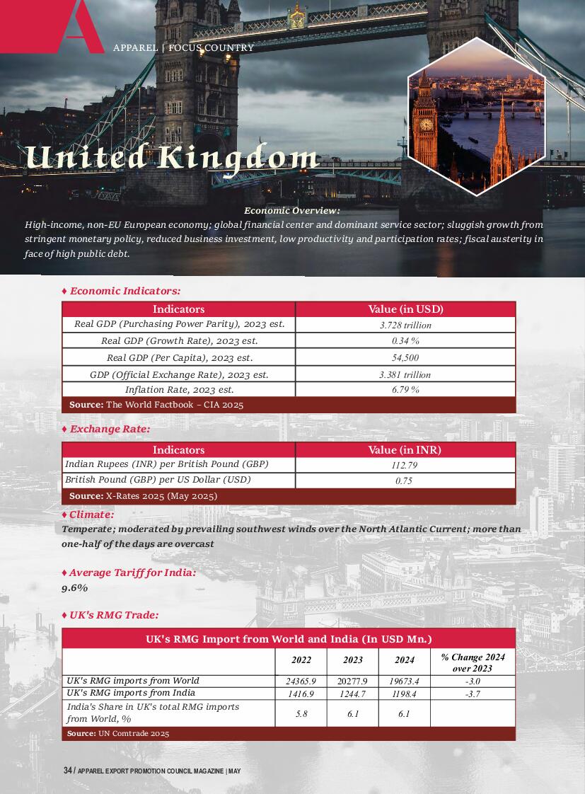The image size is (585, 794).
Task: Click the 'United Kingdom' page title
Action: (172, 157)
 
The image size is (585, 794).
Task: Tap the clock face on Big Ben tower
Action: (426, 125)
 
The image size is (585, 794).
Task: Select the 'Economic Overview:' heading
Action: (291, 210)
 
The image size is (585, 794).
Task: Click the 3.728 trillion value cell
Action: (405, 326)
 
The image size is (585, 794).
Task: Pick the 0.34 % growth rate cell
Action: (405, 341)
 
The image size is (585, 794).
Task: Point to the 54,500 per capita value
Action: (405, 358)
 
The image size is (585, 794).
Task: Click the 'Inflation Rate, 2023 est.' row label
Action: (179, 390)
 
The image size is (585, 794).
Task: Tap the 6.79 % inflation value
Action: (405, 390)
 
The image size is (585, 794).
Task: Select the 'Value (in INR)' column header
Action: (405, 450)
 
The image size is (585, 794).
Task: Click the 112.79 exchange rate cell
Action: (405, 466)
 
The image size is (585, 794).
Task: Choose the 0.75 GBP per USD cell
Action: (405, 481)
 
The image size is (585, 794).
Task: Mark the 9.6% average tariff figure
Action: (75, 588)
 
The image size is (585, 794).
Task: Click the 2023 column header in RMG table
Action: (353, 660)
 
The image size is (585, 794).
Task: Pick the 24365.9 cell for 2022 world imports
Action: (301, 681)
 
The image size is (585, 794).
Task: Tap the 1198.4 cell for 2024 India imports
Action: (404, 694)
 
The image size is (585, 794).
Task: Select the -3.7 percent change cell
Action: (473, 694)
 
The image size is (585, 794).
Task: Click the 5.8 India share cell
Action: (301, 714)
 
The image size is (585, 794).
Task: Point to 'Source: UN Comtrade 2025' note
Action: (118, 734)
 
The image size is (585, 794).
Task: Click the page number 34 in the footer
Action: (67, 771)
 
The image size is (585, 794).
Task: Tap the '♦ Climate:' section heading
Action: (88, 514)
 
